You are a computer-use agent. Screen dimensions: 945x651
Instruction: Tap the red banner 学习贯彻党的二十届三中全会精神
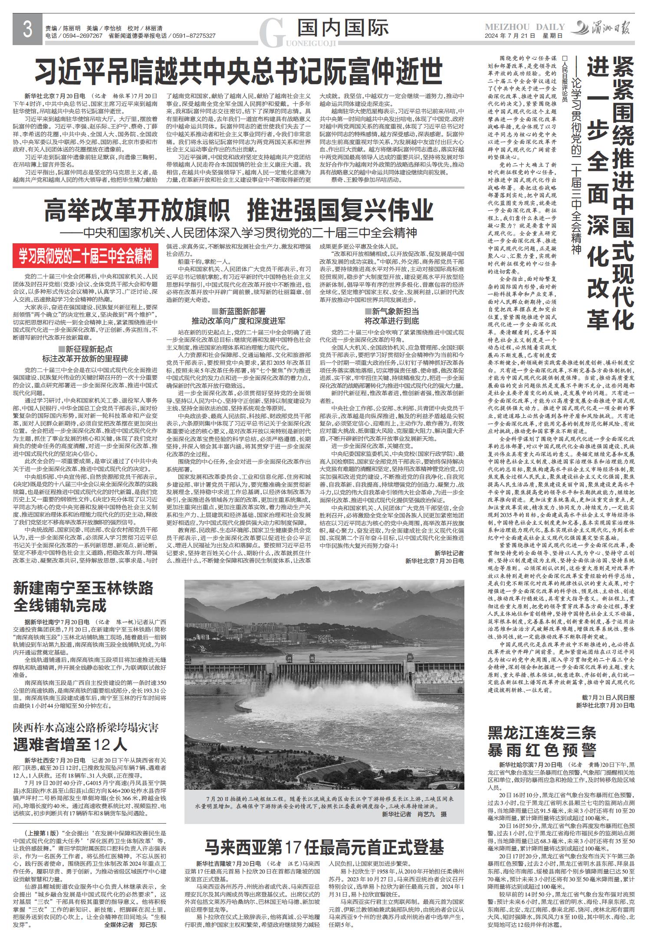[85, 256]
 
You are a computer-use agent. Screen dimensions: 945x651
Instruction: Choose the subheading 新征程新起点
[85, 349]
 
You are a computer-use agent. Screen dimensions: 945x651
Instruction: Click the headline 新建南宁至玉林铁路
[83, 588]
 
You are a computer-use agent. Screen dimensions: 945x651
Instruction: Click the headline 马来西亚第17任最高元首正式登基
[325, 846]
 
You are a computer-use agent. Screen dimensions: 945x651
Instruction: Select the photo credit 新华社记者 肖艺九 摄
[414, 814]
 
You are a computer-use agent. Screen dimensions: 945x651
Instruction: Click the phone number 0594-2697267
[83, 36]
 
